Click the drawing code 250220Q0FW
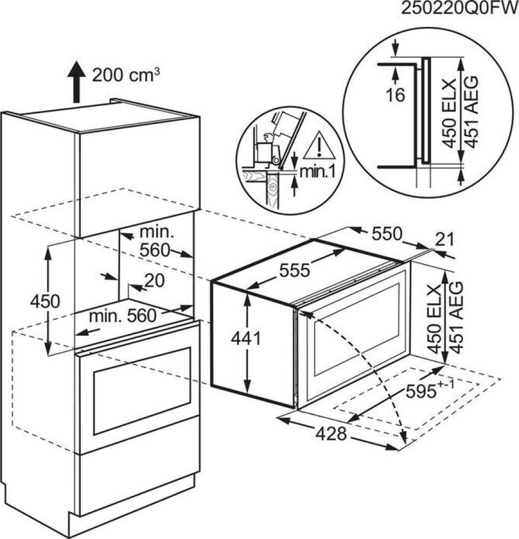(x=460, y=9)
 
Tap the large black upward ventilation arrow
(x=77, y=81)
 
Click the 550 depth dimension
(x=386, y=234)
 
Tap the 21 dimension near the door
(x=445, y=240)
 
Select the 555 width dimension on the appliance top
(x=295, y=271)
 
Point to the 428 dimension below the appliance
(x=331, y=434)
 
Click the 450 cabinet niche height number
(x=45, y=301)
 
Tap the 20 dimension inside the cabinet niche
(x=154, y=281)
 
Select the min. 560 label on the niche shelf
(x=123, y=315)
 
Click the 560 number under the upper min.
(x=155, y=250)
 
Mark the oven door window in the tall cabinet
(x=142, y=390)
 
